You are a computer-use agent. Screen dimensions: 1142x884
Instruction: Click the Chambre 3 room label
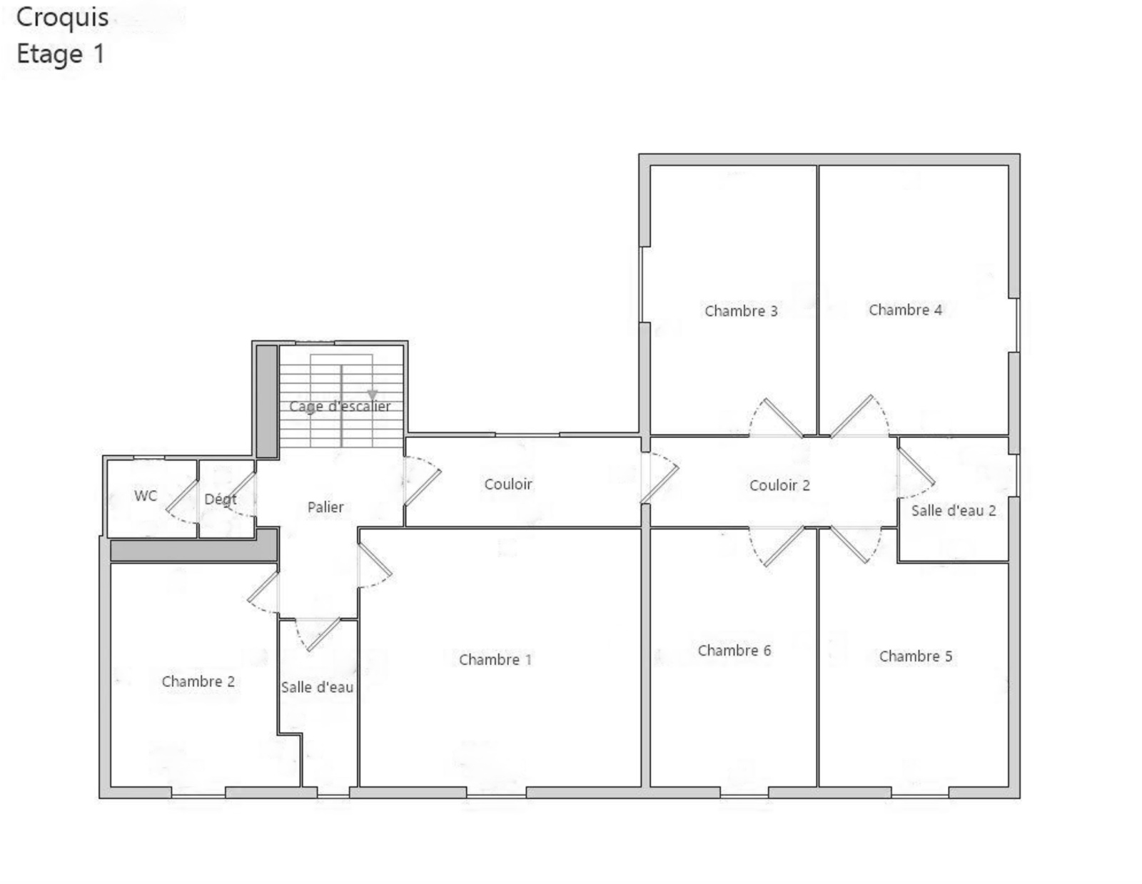click(x=740, y=311)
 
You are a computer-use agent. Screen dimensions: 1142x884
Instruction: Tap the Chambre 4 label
click(x=905, y=310)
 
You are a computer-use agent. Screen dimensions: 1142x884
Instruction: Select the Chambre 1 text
click(x=495, y=659)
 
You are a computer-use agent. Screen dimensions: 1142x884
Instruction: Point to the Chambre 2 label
click(x=198, y=681)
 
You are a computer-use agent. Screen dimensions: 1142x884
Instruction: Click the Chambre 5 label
click(x=916, y=656)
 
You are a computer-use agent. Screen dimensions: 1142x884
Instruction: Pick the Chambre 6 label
click(x=734, y=650)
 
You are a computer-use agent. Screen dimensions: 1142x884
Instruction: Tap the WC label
click(x=146, y=495)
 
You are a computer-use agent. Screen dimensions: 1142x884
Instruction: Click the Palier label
click(x=325, y=507)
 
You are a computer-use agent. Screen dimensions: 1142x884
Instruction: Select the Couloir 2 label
click(x=779, y=484)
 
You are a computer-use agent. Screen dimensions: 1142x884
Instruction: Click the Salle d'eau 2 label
click(x=954, y=510)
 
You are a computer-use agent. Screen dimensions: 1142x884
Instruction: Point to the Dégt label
click(x=221, y=499)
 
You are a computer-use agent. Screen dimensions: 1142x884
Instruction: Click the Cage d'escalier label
click(x=340, y=406)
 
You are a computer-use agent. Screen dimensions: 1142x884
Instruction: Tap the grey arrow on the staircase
click(x=372, y=395)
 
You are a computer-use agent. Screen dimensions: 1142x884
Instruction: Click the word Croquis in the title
click(x=62, y=17)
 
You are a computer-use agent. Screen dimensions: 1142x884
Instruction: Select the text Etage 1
click(x=61, y=54)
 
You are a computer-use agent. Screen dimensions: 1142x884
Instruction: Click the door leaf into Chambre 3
click(x=783, y=417)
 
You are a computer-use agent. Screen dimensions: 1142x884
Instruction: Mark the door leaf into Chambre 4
click(x=852, y=415)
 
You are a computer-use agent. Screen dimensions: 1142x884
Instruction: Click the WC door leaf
click(x=182, y=496)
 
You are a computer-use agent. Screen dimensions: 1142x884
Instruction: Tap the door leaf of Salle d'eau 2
click(x=916, y=466)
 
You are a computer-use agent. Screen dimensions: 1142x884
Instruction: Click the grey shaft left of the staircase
click(x=266, y=401)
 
